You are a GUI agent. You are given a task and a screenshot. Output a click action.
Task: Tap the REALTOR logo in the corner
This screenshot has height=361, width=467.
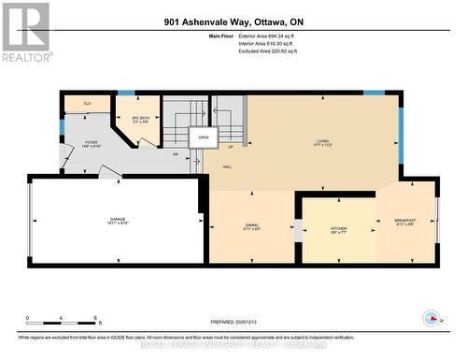coord(25,32)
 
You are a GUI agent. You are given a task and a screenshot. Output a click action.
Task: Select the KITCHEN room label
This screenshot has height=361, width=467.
coord(338,228)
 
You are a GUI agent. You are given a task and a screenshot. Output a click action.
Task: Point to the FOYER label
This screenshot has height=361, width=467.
coord(92,143)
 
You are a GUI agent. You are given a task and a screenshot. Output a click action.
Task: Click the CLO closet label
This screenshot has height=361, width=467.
coord(87,104)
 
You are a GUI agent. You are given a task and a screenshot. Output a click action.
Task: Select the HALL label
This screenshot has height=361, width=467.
coord(228,166)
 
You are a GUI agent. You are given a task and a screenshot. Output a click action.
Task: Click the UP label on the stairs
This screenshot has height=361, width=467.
coord(231,147)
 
